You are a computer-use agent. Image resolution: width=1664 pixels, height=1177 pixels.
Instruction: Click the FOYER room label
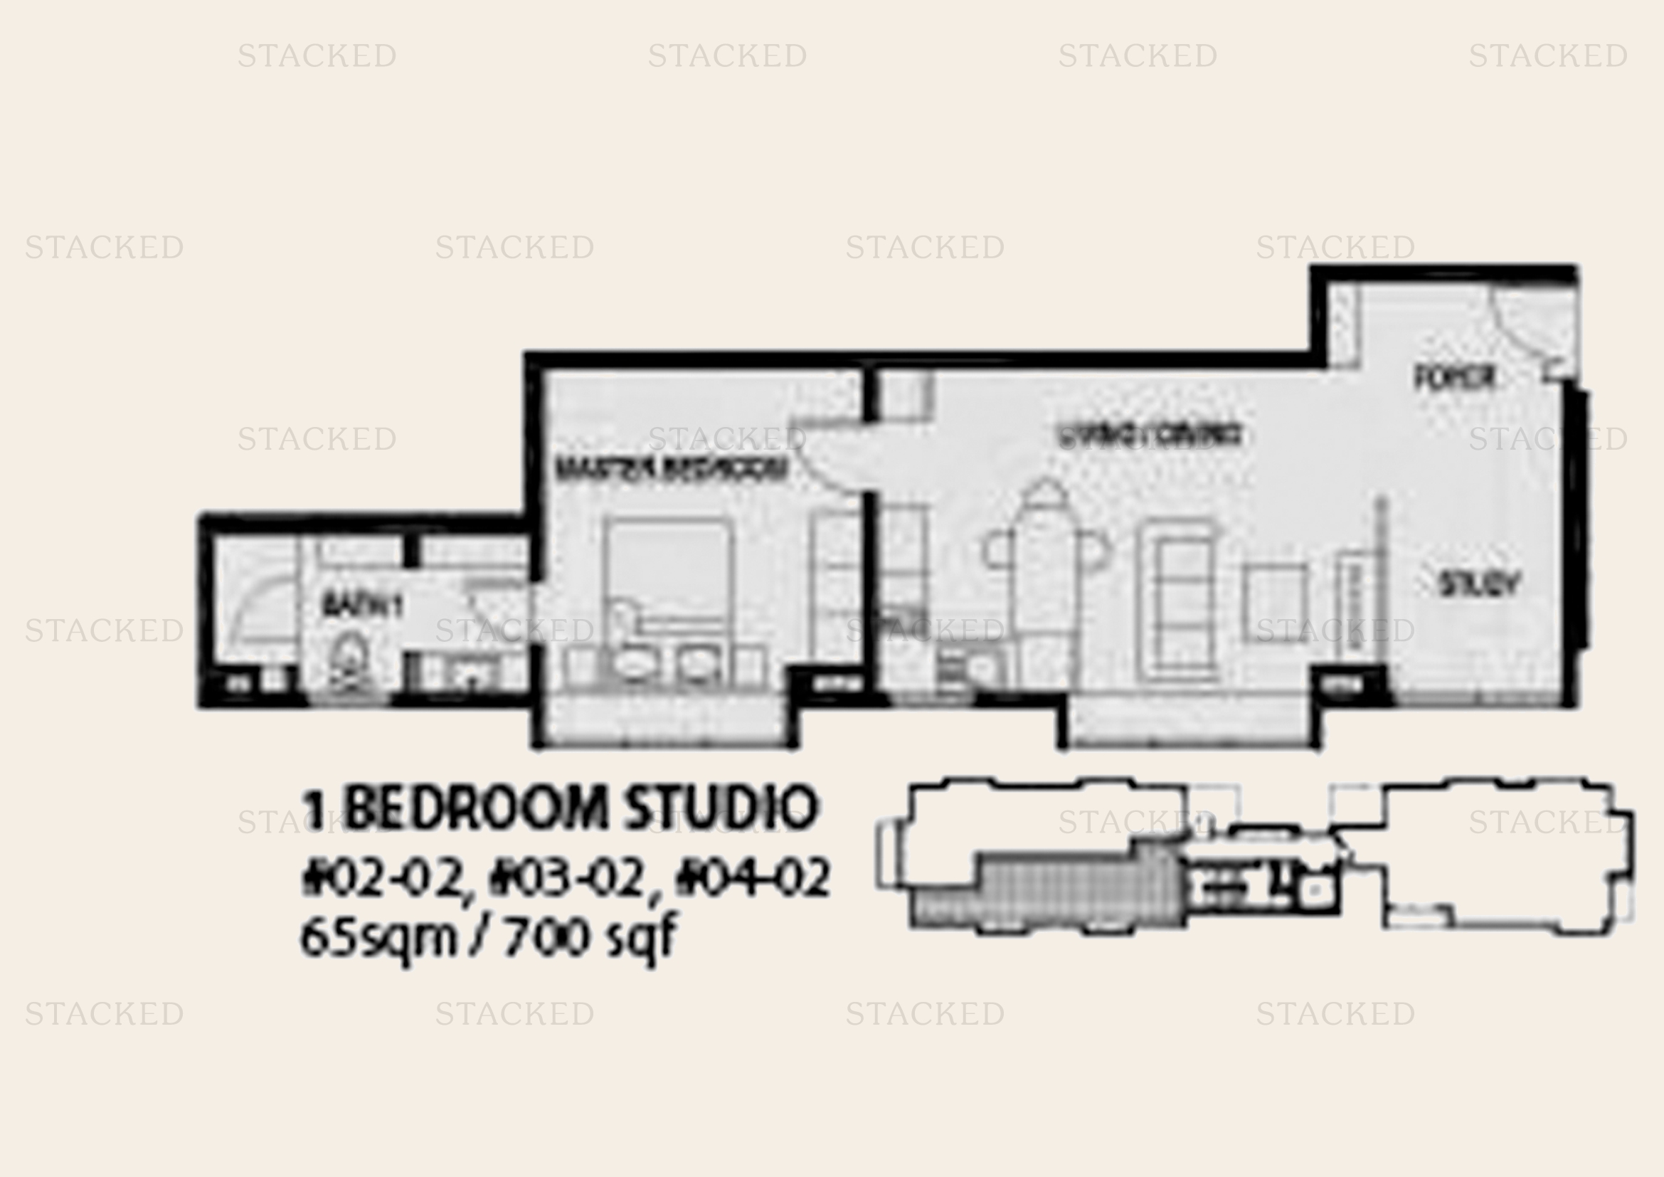[1454, 377]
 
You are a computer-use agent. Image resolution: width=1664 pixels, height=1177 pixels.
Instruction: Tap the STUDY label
[1478, 584]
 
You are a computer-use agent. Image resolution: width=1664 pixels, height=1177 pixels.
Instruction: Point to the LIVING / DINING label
[1149, 435]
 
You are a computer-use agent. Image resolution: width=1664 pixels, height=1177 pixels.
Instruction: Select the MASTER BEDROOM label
[670, 468]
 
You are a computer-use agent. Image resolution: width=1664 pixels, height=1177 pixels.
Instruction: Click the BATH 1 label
[361, 604]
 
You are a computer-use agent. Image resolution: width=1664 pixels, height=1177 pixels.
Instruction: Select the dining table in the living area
[1044, 551]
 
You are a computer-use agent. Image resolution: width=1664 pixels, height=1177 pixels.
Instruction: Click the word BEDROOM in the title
[475, 808]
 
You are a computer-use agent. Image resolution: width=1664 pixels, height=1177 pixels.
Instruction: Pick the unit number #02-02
[382, 878]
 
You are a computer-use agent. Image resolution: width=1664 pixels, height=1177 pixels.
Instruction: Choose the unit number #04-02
[752, 878]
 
